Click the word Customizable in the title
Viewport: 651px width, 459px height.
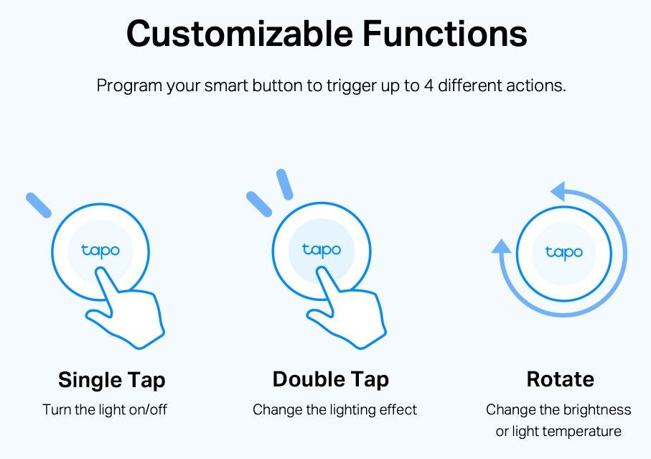tap(240, 33)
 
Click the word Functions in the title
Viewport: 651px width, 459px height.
tap(445, 33)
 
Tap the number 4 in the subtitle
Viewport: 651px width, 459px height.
tap(428, 85)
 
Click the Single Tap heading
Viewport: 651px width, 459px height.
tap(112, 380)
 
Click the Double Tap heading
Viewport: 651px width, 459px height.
tap(330, 380)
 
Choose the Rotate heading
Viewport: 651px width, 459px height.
tap(560, 379)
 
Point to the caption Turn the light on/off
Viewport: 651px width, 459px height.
tap(105, 409)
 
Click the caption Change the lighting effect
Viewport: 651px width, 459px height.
tap(334, 409)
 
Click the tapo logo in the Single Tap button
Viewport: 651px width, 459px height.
tap(100, 251)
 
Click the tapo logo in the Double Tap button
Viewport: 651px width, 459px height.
tap(322, 251)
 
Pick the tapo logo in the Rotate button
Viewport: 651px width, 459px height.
tap(564, 253)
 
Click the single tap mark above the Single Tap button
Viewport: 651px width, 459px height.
tap(39, 205)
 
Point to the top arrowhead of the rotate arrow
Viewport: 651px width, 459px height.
tap(558, 192)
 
